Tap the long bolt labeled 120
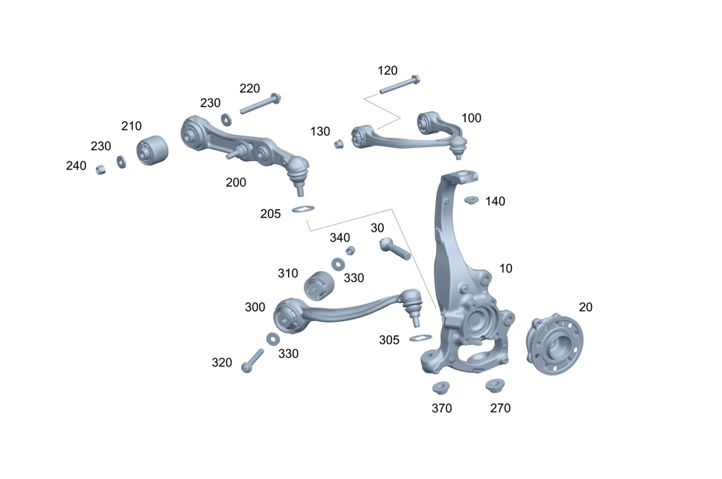[399, 84]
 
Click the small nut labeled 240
[102, 169]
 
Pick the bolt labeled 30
[394, 249]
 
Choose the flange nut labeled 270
[495, 386]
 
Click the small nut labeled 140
[471, 200]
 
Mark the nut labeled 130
[339, 144]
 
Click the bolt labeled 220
[260, 104]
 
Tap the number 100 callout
[471, 118]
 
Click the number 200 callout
[235, 183]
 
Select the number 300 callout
[255, 307]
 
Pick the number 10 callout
[505, 268]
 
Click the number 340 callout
[339, 237]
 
